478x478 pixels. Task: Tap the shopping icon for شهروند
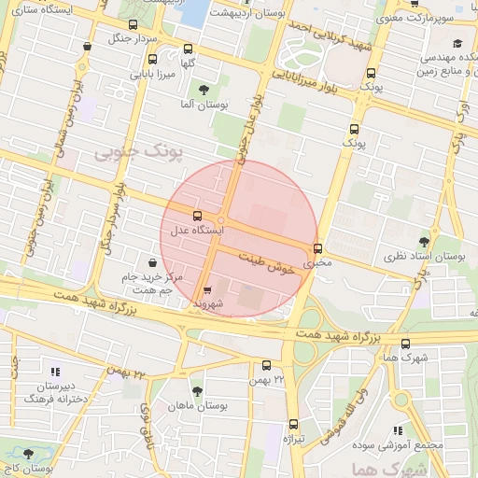click(x=207, y=289)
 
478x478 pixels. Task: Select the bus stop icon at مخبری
click(x=318, y=248)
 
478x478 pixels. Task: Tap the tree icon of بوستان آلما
click(x=204, y=90)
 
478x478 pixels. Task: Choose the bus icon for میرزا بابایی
click(x=153, y=58)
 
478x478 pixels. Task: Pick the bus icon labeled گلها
click(x=189, y=49)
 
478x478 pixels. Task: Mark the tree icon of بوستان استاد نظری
click(x=426, y=241)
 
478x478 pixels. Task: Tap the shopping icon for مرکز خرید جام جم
click(x=152, y=262)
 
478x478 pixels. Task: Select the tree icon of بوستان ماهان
click(x=196, y=391)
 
